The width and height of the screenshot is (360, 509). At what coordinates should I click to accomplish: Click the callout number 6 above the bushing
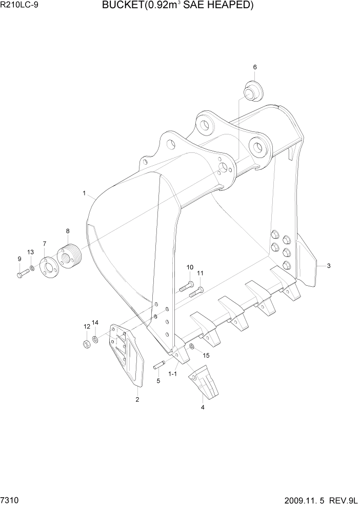(x=254, y=67)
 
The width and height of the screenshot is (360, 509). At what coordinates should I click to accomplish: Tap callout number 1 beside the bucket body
(x=84, y=193)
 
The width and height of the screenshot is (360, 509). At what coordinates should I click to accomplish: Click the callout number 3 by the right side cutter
(x=328, y=266)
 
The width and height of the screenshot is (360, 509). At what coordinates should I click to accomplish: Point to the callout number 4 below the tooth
(x=203, y=407)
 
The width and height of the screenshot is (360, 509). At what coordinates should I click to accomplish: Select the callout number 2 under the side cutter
(x=137, y=399)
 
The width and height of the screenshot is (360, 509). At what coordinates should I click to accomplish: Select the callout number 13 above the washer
(x=31, y=252)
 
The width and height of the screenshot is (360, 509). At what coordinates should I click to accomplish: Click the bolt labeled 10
(x=186, y=286)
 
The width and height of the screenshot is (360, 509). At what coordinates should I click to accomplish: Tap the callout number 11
(x=200, y=273)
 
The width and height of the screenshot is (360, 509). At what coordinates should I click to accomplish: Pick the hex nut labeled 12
(x=86, y=343)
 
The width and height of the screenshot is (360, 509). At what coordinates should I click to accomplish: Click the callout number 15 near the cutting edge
(x=206, y=355)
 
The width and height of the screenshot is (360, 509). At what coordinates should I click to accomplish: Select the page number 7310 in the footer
(x=10, y=499)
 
